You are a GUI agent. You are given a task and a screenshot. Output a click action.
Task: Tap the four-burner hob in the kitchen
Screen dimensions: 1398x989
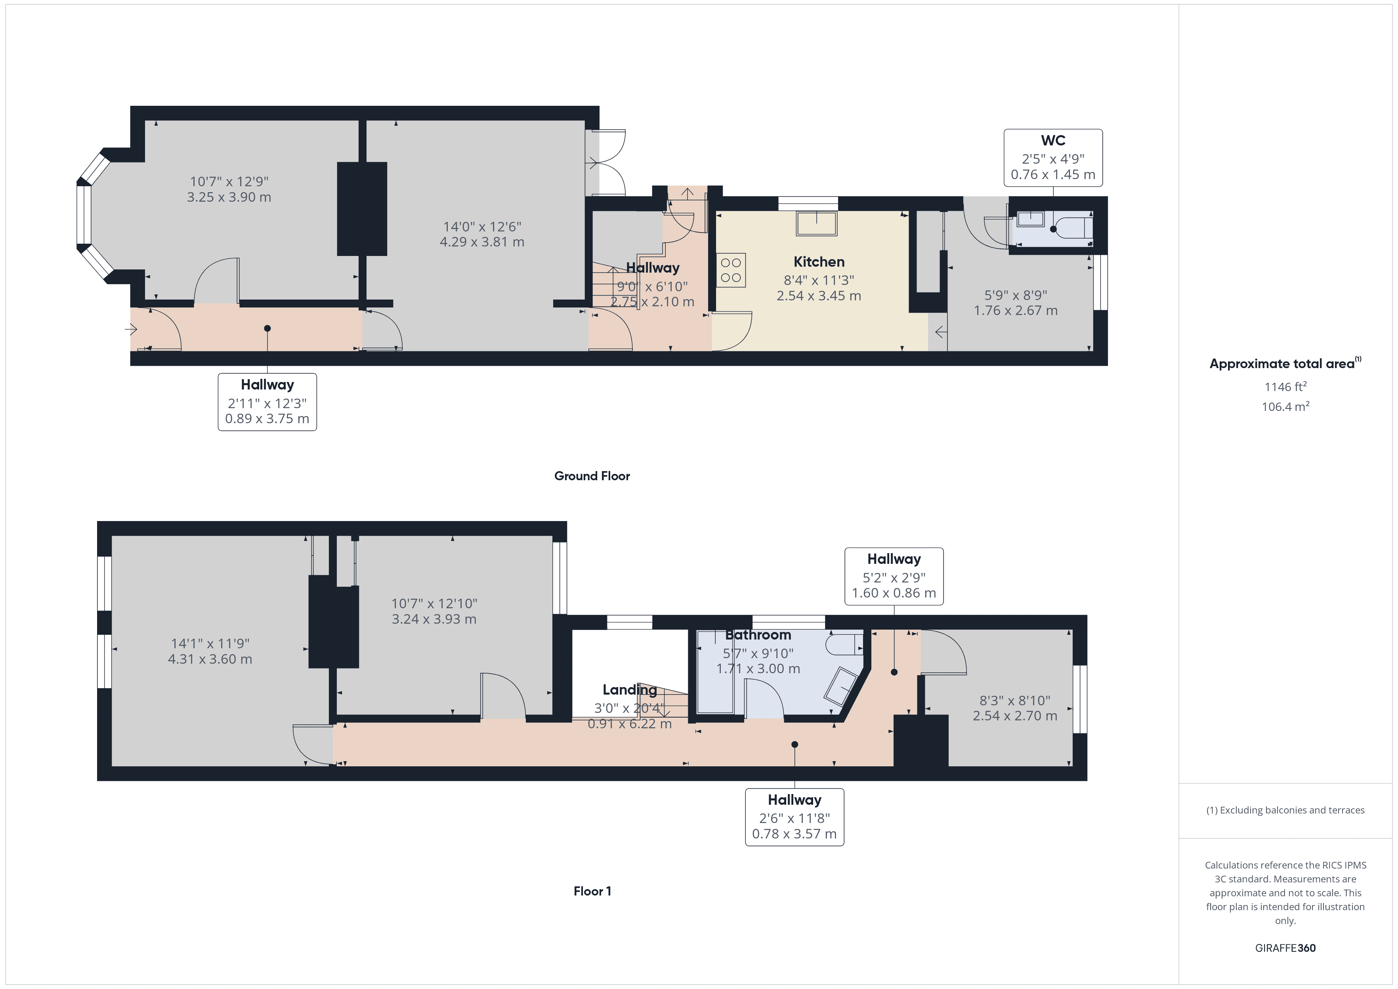click(x=731, y=270)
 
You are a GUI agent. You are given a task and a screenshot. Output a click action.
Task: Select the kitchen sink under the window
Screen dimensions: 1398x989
click(x=817, y=223)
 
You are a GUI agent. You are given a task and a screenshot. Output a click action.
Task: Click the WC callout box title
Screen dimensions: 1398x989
click(x=1053, y=141)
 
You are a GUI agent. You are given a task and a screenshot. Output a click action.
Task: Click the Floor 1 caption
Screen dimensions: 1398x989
click(x=592, y=891)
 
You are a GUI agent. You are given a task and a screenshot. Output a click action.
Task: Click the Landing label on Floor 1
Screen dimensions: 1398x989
click(x=630, y=690)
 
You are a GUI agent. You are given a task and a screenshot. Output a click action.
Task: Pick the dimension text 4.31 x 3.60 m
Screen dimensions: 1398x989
click(x=210, y=659)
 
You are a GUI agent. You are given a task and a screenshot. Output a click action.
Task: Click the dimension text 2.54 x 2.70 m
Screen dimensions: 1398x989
click(x=1014, y=716)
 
